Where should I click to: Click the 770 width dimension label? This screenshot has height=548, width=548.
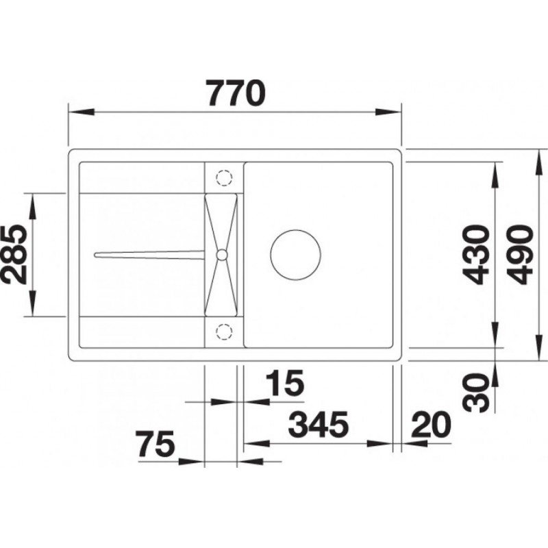coord(235,92)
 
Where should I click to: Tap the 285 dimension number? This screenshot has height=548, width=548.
coord(14,254)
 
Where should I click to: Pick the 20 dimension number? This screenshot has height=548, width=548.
coord(431,425)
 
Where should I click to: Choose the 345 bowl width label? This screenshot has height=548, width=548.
coord(319,425)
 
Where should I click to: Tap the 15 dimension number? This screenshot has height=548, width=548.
coord(285,383)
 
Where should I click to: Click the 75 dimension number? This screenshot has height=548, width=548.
coord(155,444)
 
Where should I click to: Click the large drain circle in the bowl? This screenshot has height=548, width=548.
coord(296,254)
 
